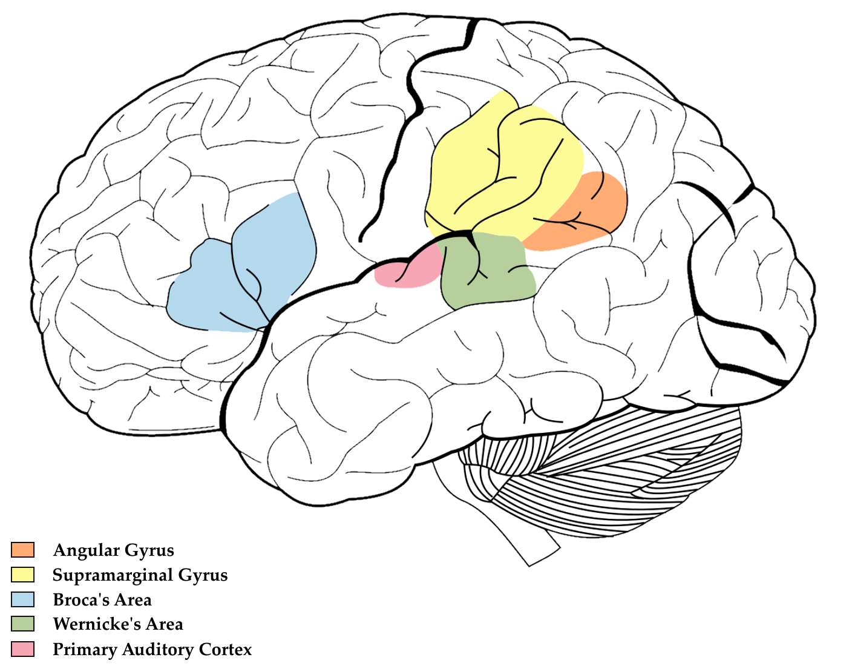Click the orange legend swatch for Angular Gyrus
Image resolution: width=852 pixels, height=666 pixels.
[23, 550]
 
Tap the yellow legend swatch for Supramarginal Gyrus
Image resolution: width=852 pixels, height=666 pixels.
[23, 575]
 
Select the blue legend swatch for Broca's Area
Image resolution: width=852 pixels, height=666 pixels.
[23, 599]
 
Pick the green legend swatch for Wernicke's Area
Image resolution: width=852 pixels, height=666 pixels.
[23, 624]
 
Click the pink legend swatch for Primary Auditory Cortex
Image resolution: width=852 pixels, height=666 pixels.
[23, 649]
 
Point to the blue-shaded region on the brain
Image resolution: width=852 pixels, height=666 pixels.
[254, 272]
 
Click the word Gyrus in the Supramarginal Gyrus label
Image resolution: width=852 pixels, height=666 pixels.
[203, 575]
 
